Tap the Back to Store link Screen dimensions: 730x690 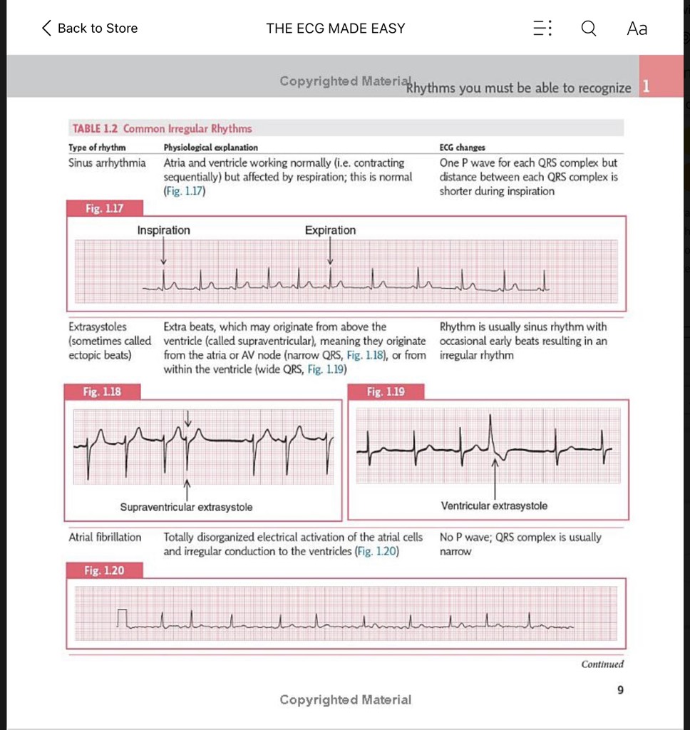tap(90, 29)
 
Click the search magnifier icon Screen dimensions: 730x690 tap(589, 29)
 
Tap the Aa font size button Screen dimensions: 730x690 tap(637, 29)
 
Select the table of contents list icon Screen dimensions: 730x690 tap(542, 29)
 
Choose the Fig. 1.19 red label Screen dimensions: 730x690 tap(386, 391)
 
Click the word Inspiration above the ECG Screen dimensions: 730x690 tap(163, 230)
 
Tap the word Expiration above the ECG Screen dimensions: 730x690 tap(330, 230)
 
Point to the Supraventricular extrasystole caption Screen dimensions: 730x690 tap(186, 508)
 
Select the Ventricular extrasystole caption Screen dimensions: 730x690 tap(494, 506)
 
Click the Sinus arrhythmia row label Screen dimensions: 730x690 tap(107, 163)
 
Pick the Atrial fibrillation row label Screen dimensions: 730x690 tap(105, 538)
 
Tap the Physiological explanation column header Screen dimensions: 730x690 tap(210, 148)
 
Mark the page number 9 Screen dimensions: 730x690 tap(620, 689)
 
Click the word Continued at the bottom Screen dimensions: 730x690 tap(602, 664)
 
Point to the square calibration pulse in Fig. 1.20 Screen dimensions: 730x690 tap(124, 619)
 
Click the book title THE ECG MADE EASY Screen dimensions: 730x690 tap(335, 29)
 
